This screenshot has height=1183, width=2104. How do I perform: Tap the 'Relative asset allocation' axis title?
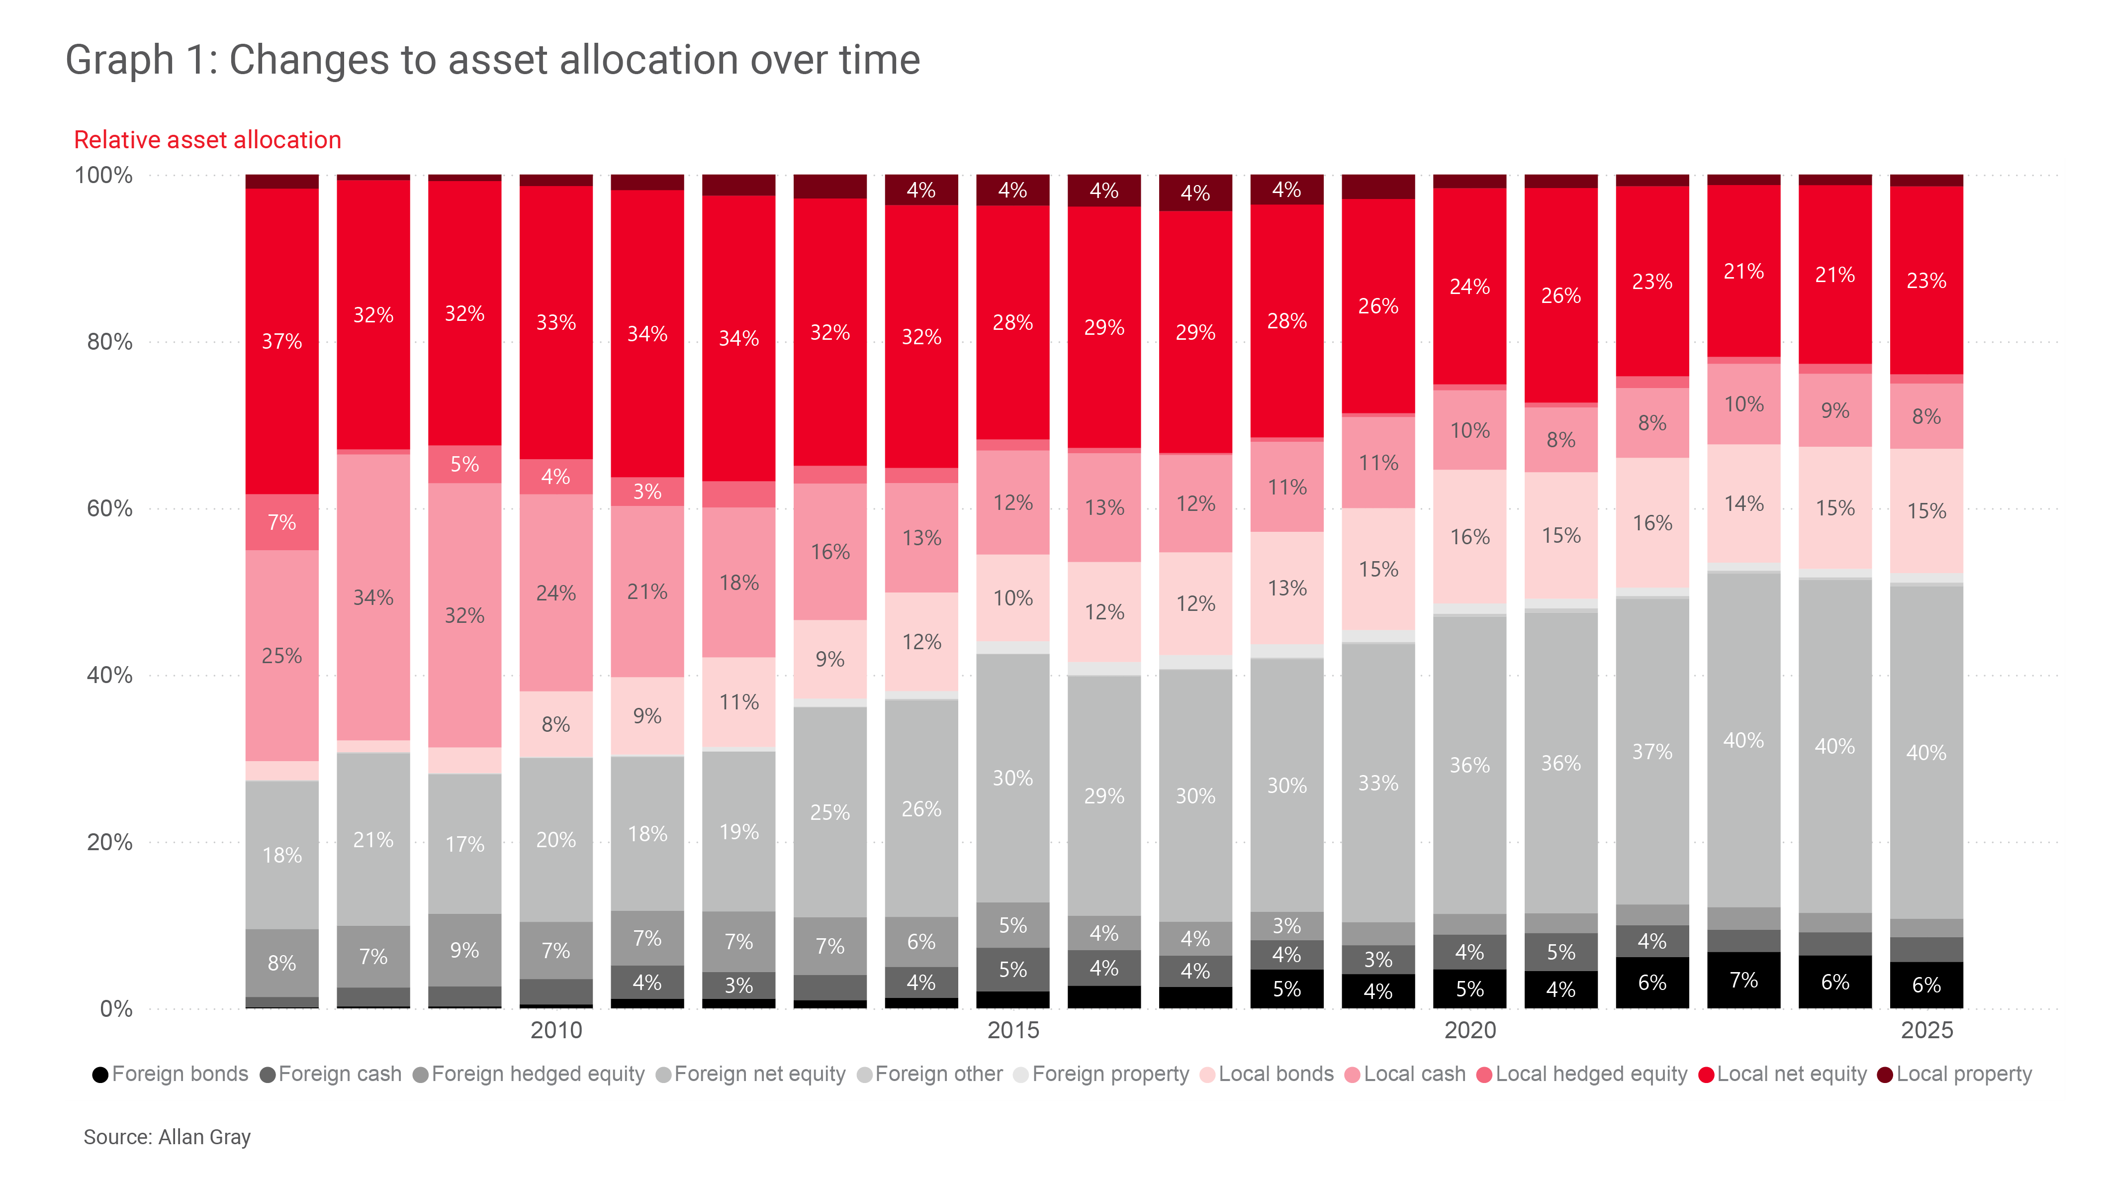[x=207, y=140]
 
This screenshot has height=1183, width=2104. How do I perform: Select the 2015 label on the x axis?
[x=1013, y=1030]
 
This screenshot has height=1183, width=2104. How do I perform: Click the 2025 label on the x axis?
[x=1926, y=1030]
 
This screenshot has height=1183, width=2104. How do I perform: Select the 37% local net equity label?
[x=282, y=341]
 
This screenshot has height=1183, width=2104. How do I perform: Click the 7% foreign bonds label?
[x=1743, y=981]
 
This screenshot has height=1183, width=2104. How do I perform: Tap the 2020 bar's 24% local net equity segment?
[x=1469, y=287]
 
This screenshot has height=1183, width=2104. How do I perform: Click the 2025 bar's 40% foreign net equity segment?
[x=1926, y=753]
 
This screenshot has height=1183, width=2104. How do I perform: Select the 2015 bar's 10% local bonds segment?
[x=1013, y=598]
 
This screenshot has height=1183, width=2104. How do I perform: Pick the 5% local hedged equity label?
[x=465, y=464]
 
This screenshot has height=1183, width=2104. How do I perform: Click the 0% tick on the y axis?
[x=115, y=1009]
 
